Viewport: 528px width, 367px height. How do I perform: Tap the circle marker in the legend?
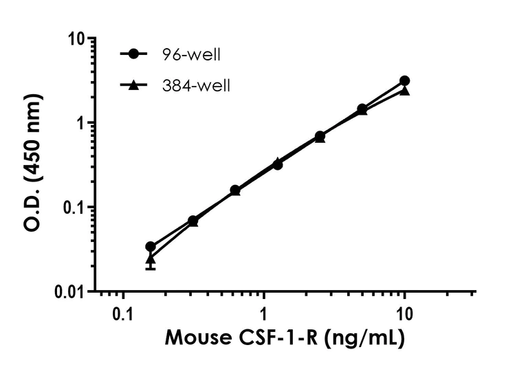[x=134, y=54]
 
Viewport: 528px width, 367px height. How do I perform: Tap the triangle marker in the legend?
[x=134, y=85]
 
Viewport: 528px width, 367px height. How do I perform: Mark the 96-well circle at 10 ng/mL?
[x=404, y=81]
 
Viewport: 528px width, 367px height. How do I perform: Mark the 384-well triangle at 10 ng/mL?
[x=405, y=90]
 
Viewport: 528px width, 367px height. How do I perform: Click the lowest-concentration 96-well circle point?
[x=151, y=246]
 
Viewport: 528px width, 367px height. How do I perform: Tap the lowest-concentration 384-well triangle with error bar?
[x=151, y=258]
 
